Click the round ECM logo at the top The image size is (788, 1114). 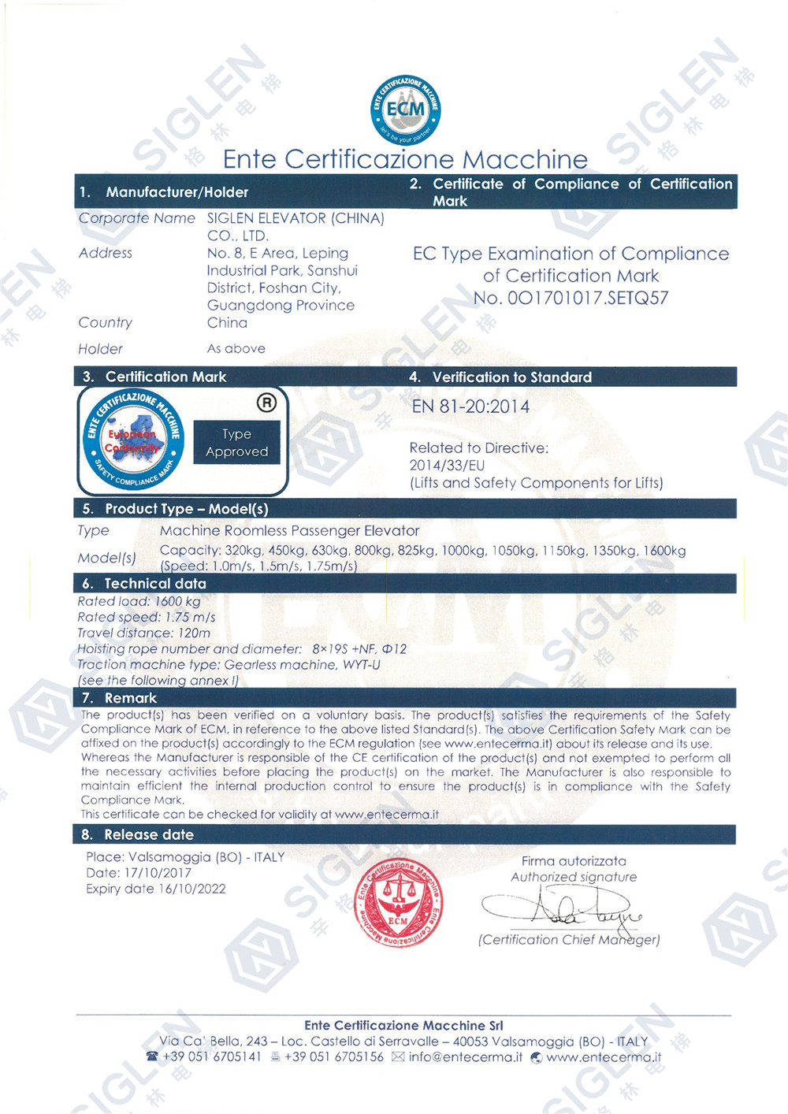[405, 110]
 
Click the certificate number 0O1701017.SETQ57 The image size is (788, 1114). [571, 299]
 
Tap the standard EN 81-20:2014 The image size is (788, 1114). [470, 407]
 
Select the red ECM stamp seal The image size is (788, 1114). [399, 903]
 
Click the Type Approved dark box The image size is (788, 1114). [236, 442]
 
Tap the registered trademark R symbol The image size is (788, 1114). [266, 403]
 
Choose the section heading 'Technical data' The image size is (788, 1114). [155, 584]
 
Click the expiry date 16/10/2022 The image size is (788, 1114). [192, 889]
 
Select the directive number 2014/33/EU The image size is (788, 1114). [447, 466]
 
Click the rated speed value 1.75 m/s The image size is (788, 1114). [190, 617]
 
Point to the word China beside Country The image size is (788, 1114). [227, 322]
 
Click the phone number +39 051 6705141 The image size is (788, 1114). [211, 1057]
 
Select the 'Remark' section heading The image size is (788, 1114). [130, 698]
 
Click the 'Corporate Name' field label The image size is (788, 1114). [136, 218]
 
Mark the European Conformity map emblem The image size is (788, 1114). [133, 440]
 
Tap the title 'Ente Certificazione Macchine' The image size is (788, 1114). [405, 159]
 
